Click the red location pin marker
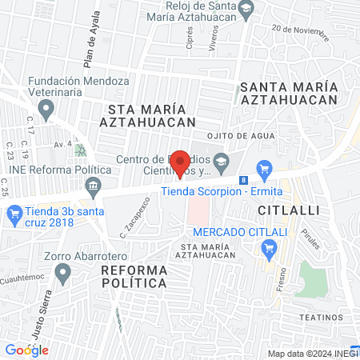pos(181,163)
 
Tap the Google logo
pos(26,350)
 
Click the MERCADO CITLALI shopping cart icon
pos(268,250)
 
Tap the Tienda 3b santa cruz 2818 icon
pos(14,214)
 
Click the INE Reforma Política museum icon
pos(94,186)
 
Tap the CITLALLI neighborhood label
pos(289,210)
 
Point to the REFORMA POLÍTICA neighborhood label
pos(134,276)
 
